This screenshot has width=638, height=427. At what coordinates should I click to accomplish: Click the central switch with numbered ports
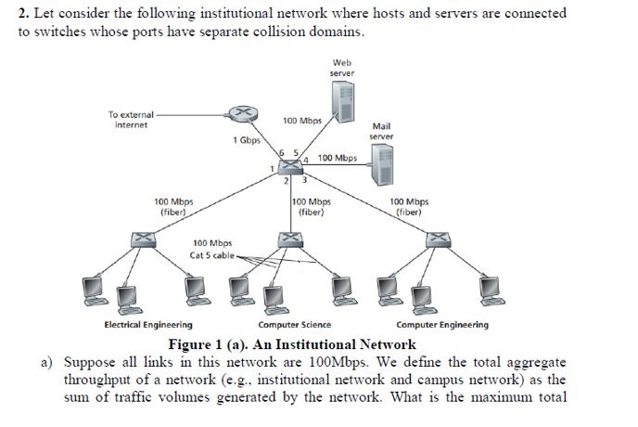click(x=294, y=165)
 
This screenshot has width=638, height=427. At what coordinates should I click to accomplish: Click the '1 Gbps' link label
click(x=247, y=140)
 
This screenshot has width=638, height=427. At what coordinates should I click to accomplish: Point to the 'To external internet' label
click(x=131, y=119)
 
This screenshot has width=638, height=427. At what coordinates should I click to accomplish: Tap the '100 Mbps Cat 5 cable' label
click(x=212, y=250)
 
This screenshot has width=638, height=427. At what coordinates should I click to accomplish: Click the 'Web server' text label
click(x=341, y=68)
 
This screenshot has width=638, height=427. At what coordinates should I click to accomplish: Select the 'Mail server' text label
click(x=382, y=131)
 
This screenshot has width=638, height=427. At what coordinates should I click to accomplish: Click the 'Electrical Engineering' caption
click(x=148, y=325)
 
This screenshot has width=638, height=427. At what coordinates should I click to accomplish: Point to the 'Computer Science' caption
click(x=294, y=325)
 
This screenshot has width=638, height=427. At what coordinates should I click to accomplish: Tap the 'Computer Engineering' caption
click(x=441, y=325)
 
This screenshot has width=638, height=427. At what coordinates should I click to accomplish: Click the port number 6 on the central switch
click(x=283, y=151)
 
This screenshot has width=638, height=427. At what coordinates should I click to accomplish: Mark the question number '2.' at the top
click(x=24, y=14)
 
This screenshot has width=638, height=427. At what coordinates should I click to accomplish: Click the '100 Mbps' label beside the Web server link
click(x=302, y=121)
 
